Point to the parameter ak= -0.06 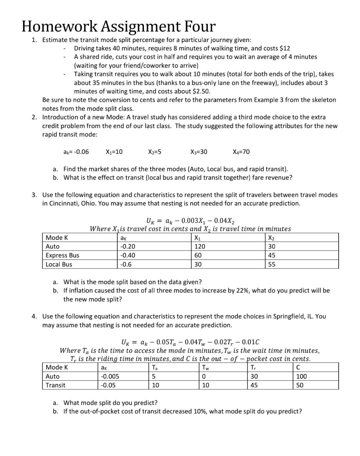pyautogui.click(x=76, y=152)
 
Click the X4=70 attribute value pyautogui.click(x=241, y=152)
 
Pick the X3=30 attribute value pyautogui.click(x=199, y=152)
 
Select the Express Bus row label pyautogui.click(x=62, y=255)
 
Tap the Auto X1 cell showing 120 pyautogui.click(x=200, y=247)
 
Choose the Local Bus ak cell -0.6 pyautogui.click(x=126, y=264)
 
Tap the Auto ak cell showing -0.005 pyautogui.click(x=110, y=376)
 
